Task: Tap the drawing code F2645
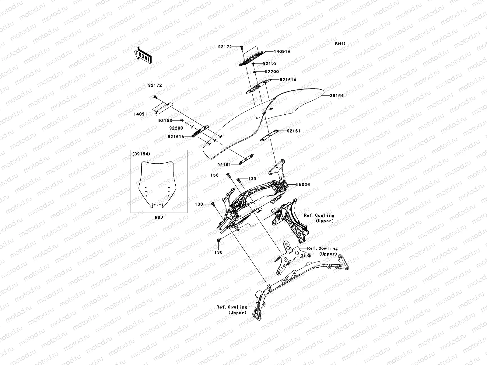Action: (340, 44)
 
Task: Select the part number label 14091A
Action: (282, 52)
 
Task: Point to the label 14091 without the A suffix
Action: (140, 114)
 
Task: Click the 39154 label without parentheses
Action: (337, 96)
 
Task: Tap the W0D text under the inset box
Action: (159, 217)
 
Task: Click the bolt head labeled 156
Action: (228, 175)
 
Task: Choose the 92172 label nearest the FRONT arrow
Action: (155, 85)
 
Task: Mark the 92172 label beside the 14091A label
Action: (225, 47)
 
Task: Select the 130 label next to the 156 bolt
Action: (252, 179)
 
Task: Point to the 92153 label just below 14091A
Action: (270, 64)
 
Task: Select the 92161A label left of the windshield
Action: (176, 137)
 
